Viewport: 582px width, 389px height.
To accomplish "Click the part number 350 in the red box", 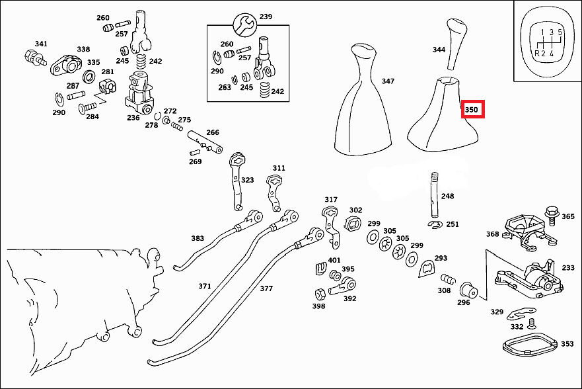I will pyautogui.click(x=472, y=109).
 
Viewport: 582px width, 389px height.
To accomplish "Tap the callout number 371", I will pyautogui.click(x=205, y=286).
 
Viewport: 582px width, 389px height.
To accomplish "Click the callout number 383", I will pyautogui.click(x=198, y=238).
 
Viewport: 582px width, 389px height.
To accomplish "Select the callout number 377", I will pyautogui.click(x=266, y=288).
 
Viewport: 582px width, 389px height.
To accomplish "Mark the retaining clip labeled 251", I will pyautogui.click(x=434, y=226).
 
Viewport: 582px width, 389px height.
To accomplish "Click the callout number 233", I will pyautogui.click(x=568, y=268).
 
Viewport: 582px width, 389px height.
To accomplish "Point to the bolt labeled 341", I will pyautogui.click(x=31, y=57).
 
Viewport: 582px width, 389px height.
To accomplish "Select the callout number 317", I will pyautogui.click(x=331, y=199).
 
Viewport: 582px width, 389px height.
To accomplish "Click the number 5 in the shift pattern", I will pyautogui.click(x=560, y=32).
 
